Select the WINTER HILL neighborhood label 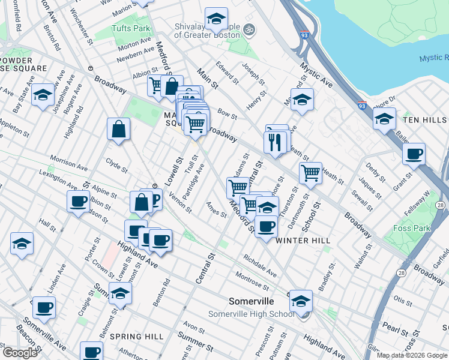[x=303, y=241]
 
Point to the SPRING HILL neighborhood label [x=137, y=337]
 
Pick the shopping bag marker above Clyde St [x=119, y=128]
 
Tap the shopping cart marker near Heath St [x=310, y=173]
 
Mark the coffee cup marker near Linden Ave [x=44, y=307]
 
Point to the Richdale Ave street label [x=260, y=266]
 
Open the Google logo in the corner [x=20, y=353]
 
